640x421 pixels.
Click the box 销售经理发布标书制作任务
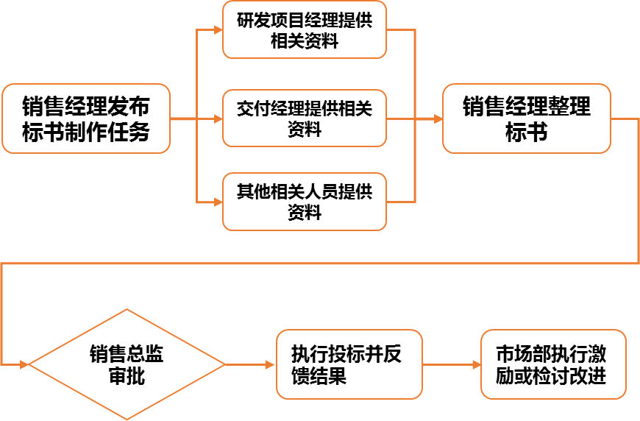coord(86,118)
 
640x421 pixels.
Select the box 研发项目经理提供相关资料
coord(305,30)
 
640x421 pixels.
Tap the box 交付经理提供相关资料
coord(305,118)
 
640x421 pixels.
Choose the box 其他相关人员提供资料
coord(305,202)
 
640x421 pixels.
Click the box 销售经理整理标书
coord(526,118)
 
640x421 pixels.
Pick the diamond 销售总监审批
coord(127,364)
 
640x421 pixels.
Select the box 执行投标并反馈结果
coord(349,364)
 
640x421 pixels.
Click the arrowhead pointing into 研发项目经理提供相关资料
coord(218,30)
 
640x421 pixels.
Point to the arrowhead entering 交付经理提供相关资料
coord(218,118)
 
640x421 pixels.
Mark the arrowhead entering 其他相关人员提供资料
coord(218,202)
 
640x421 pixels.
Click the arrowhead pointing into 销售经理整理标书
coord(437,118)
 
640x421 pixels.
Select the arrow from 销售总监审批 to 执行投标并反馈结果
coord(250,364)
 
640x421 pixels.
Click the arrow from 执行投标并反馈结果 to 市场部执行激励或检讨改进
coord(452,364)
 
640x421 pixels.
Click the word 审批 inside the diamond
coord(127,377)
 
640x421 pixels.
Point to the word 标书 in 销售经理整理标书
coord(526,132)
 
